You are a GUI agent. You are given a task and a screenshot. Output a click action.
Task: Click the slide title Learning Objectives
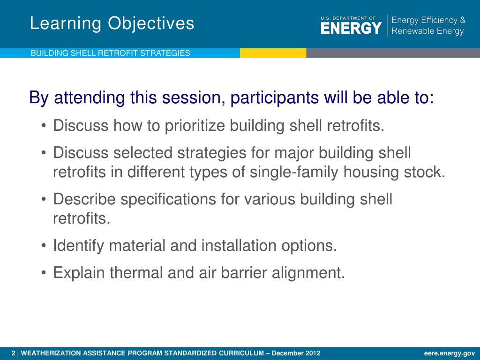click(112, 23)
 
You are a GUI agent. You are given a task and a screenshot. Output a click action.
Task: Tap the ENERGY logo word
click(351, 28)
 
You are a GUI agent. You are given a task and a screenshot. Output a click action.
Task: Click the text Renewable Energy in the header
click(427, 31)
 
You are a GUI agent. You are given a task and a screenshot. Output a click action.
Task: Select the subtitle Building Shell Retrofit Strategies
click(110, 53)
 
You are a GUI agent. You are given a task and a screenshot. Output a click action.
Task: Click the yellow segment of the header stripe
click(273, 53)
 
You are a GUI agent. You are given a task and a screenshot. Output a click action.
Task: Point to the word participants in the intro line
click(274, 98)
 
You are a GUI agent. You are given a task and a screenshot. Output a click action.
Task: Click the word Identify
click(78, 246)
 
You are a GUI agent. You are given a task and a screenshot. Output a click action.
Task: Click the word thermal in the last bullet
click(136, 273)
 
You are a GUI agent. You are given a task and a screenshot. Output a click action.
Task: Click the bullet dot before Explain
click(44, 273)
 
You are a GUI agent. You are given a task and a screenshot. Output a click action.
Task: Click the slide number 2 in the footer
click(13, 353)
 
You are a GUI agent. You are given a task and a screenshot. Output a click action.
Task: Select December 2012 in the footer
click(296, 353)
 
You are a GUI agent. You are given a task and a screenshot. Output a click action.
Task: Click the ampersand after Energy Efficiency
click(462, 20)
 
